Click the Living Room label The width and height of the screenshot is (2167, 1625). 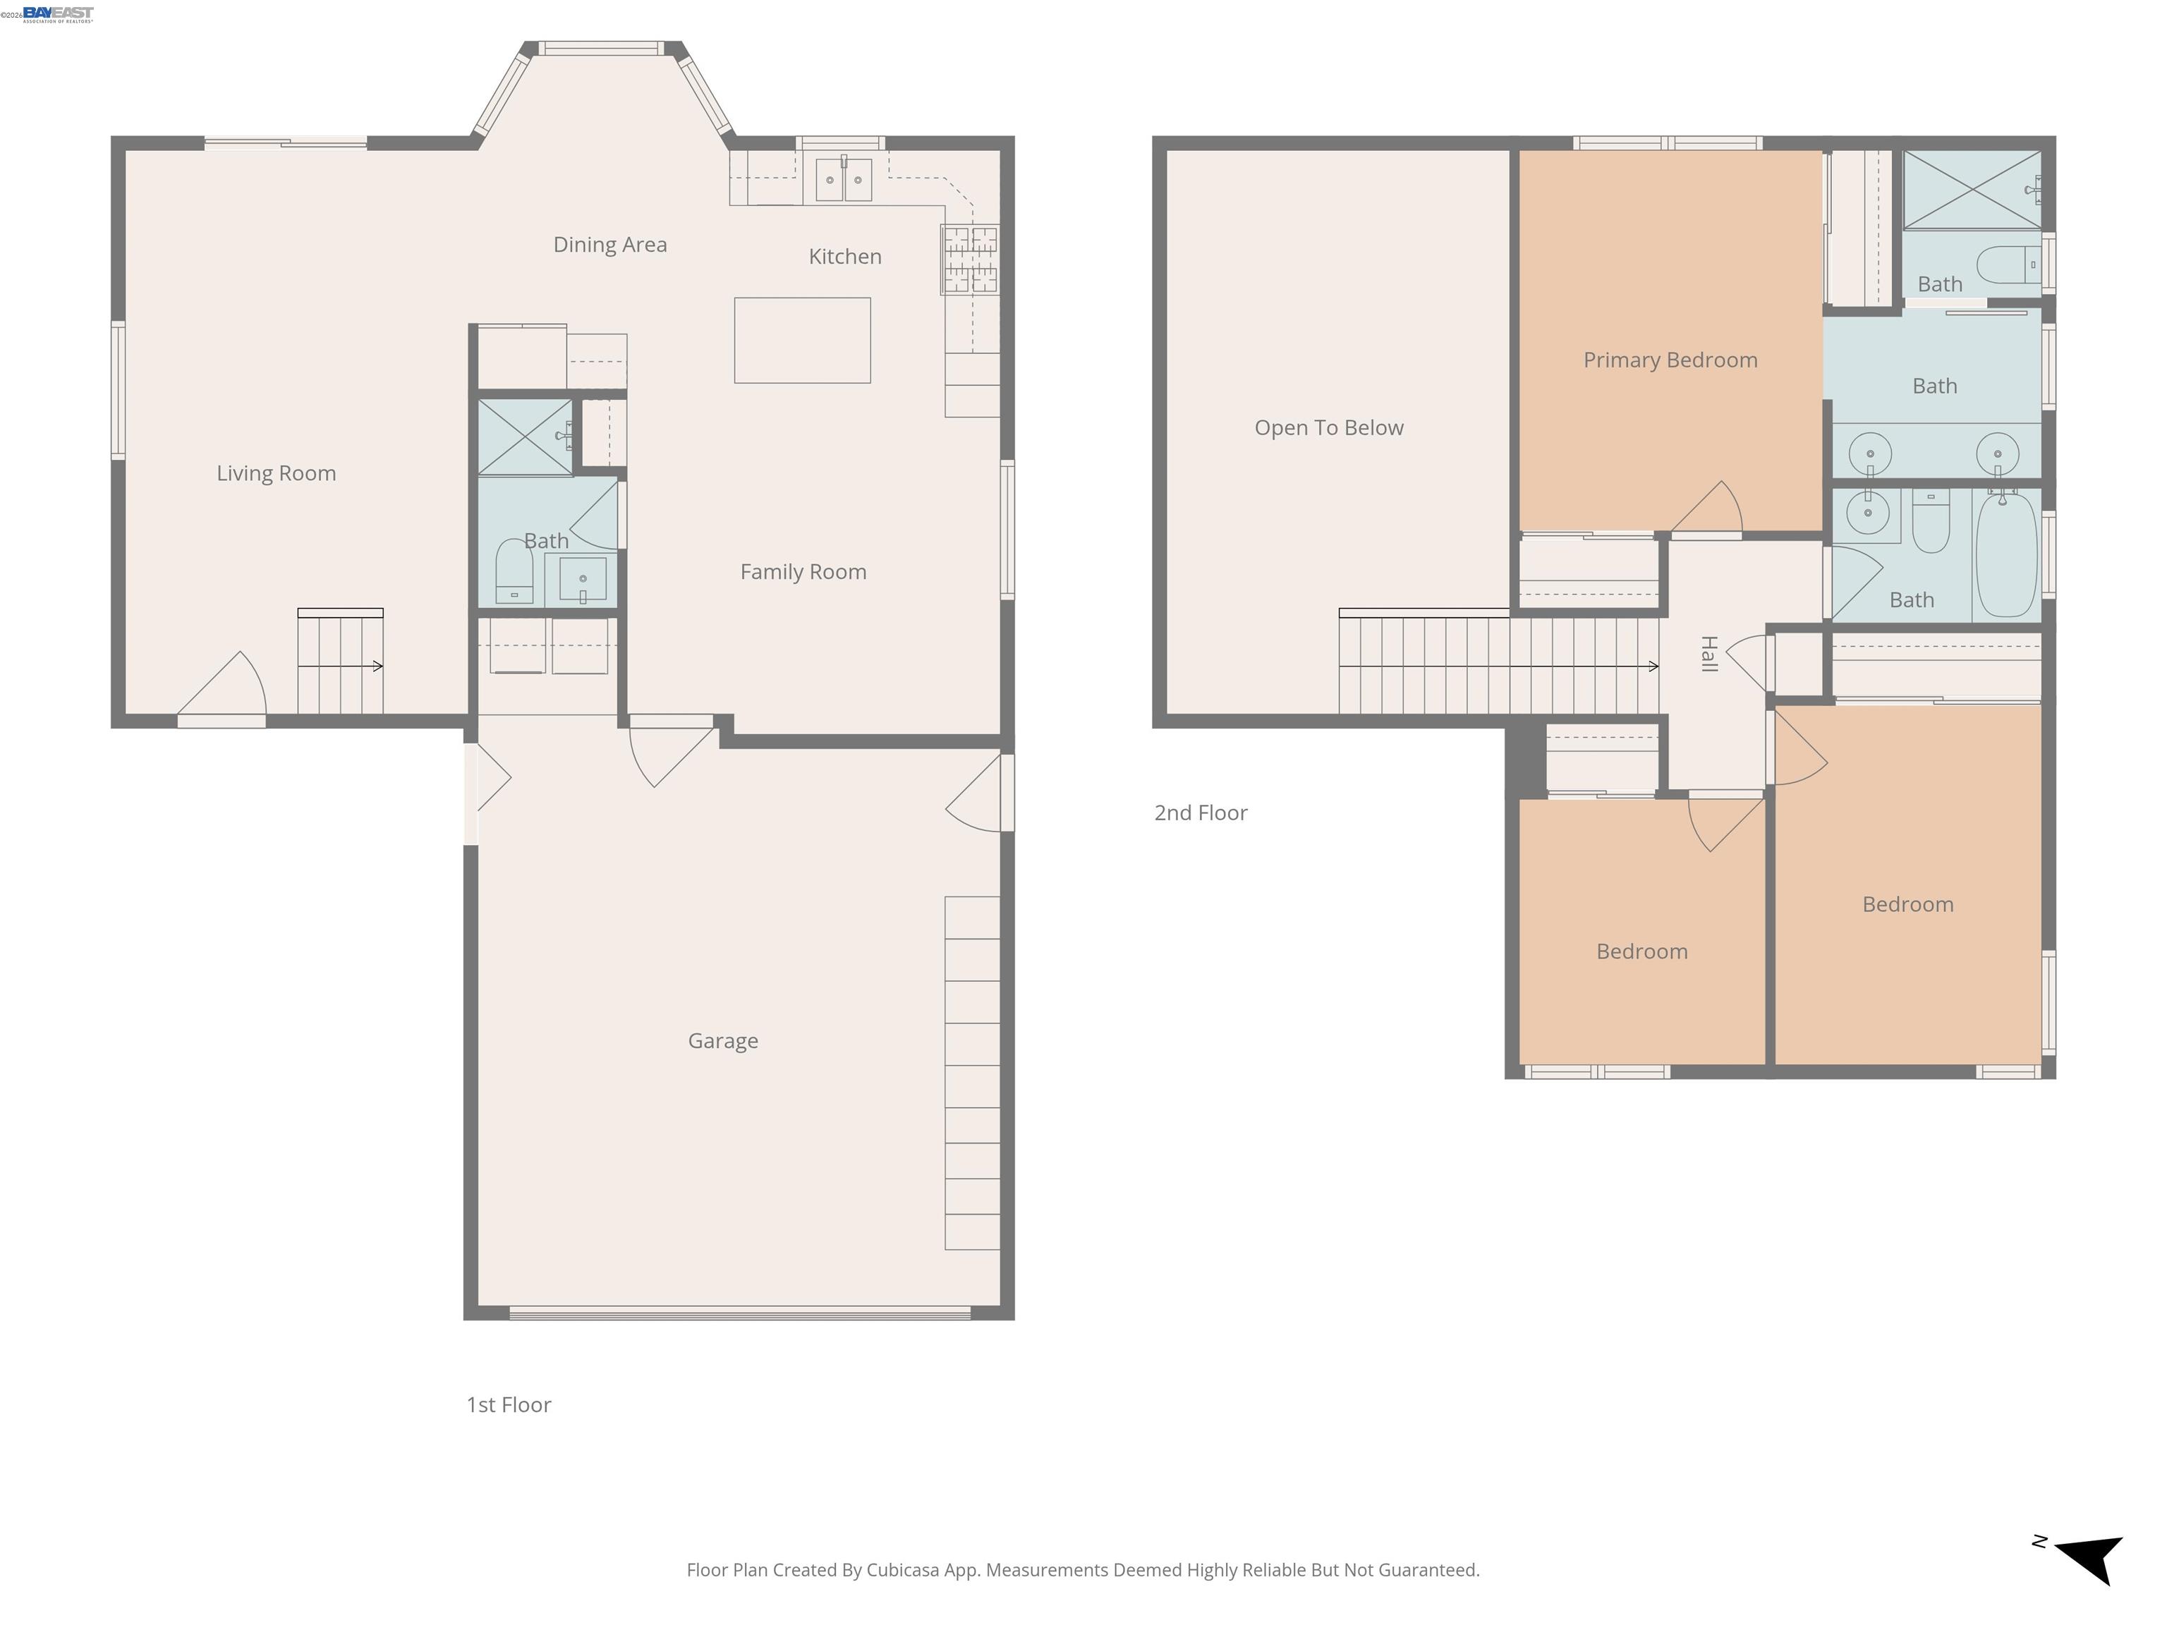coord(277,473)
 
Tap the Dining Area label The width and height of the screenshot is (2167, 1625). coord(610,245)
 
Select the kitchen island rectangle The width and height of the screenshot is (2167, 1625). coord(802,340)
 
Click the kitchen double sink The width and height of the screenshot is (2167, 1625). coord(844,179)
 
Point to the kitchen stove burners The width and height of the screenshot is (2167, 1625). coord(970,260)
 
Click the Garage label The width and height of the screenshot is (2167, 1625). coord(723,1041)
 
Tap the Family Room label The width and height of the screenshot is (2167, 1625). coord(803,572)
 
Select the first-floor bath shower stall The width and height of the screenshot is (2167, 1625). coord(525,436)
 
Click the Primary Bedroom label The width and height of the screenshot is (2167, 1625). coord(1670,360)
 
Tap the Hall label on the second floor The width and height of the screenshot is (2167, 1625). coord(1708,653)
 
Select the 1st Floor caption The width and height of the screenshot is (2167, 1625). coord(509,1405)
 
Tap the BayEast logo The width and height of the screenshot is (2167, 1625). coord(58,13)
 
